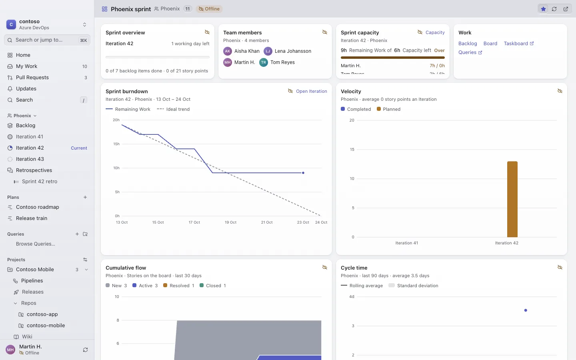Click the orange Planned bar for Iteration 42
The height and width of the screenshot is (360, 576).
(x=512, y=199)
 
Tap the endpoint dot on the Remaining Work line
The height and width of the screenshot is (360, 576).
(x=303, y=173)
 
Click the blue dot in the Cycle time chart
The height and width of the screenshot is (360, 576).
(x=526, y=310)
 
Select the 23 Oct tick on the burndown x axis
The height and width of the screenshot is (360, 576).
(x=303, y=222)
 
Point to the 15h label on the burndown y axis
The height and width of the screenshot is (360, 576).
(x=116, y=144)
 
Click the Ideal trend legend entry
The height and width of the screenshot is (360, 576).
(x=173, y=109)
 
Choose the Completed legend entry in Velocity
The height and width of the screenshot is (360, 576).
(x=356, y=109)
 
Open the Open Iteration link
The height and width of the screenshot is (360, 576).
(x=311, y=91)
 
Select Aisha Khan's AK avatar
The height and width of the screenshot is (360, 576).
(x=228, y=51)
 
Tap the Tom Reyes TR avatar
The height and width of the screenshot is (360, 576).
(x=264, y=62)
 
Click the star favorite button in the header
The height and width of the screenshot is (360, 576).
(x=543, y=9)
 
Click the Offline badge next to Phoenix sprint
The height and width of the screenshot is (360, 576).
(x=209, y=9)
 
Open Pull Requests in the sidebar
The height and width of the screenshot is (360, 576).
(x=32, y=78)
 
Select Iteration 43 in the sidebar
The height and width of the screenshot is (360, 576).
(x=30, y=159)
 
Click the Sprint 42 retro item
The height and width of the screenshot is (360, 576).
(x=40, y=181)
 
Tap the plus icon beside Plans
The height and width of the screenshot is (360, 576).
(x=85, y=197)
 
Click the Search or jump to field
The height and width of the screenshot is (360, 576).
(x=47, y=40)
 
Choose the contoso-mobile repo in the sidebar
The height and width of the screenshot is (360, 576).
(x=46, y=325)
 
